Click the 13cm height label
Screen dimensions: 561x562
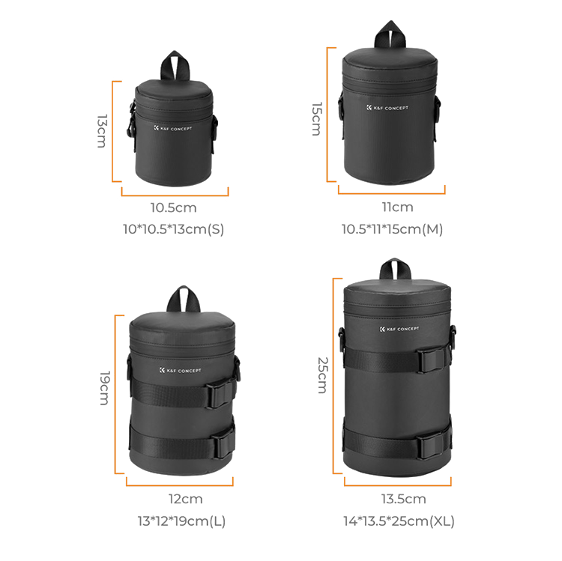tap(101, 131)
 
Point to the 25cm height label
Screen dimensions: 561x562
tap(321, 374)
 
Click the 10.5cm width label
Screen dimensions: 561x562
tap(173, 207)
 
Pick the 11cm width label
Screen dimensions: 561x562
tap(396, 207)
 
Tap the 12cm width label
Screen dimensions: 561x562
tap(185, 499)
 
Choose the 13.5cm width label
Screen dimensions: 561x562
tap(403, 499)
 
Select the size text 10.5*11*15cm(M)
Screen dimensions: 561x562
tap(392, 229)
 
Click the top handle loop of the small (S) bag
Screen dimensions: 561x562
tap(178, 64)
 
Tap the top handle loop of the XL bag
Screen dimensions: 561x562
tap(393, 270)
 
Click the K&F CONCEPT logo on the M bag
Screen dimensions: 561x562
tap(387, 108)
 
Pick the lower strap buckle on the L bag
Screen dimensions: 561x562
tap(220, 445)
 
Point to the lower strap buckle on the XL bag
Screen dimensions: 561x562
tap(429, 447)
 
